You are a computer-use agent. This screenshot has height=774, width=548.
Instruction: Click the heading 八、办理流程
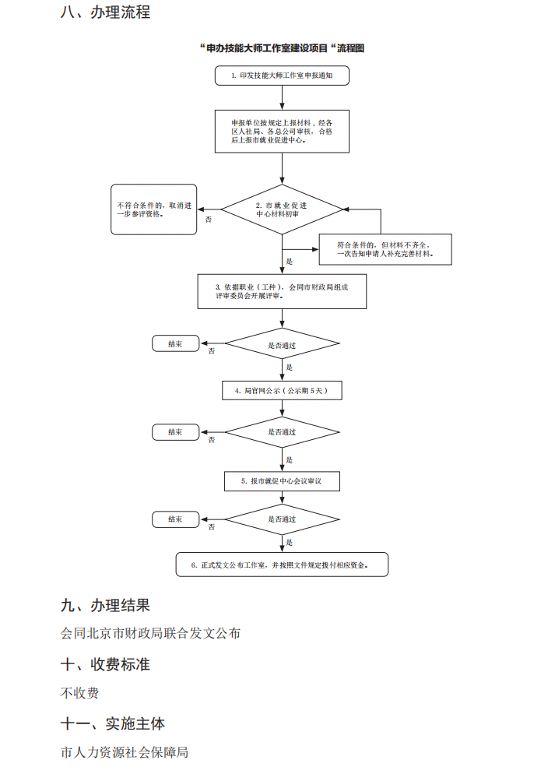point(105,12)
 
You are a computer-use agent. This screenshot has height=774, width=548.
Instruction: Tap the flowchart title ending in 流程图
point(282,48)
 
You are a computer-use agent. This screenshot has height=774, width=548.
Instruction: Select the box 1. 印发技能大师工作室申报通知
point(282,76)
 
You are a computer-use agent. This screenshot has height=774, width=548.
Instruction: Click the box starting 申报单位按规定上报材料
point(282,132)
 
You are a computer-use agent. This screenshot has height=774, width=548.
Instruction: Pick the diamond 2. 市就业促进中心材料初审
point(282,209)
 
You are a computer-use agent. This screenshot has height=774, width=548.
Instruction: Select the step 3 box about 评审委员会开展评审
point(282,291)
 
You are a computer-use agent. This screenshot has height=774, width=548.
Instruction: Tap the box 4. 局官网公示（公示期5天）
point(282,390)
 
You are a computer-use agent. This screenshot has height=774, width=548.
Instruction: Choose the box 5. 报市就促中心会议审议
point(282,482)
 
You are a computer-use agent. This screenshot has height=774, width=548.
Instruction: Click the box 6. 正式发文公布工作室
point(282,565)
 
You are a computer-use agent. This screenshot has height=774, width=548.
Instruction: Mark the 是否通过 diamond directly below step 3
point(282,343)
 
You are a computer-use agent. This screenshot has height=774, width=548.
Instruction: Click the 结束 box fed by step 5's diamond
point(175,519)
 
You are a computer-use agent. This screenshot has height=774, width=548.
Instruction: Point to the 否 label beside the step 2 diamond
point(209,220)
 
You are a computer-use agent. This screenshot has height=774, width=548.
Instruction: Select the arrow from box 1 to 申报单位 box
point(282,97)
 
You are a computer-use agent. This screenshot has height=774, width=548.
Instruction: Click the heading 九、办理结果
point(105,605)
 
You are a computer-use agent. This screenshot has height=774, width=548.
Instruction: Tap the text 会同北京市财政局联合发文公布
point(150,633)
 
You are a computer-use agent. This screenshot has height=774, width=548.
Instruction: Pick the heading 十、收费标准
point(105,664)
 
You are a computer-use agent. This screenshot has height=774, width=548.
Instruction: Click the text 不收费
point(79,693)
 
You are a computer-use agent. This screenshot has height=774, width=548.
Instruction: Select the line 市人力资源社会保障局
point(125,752)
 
